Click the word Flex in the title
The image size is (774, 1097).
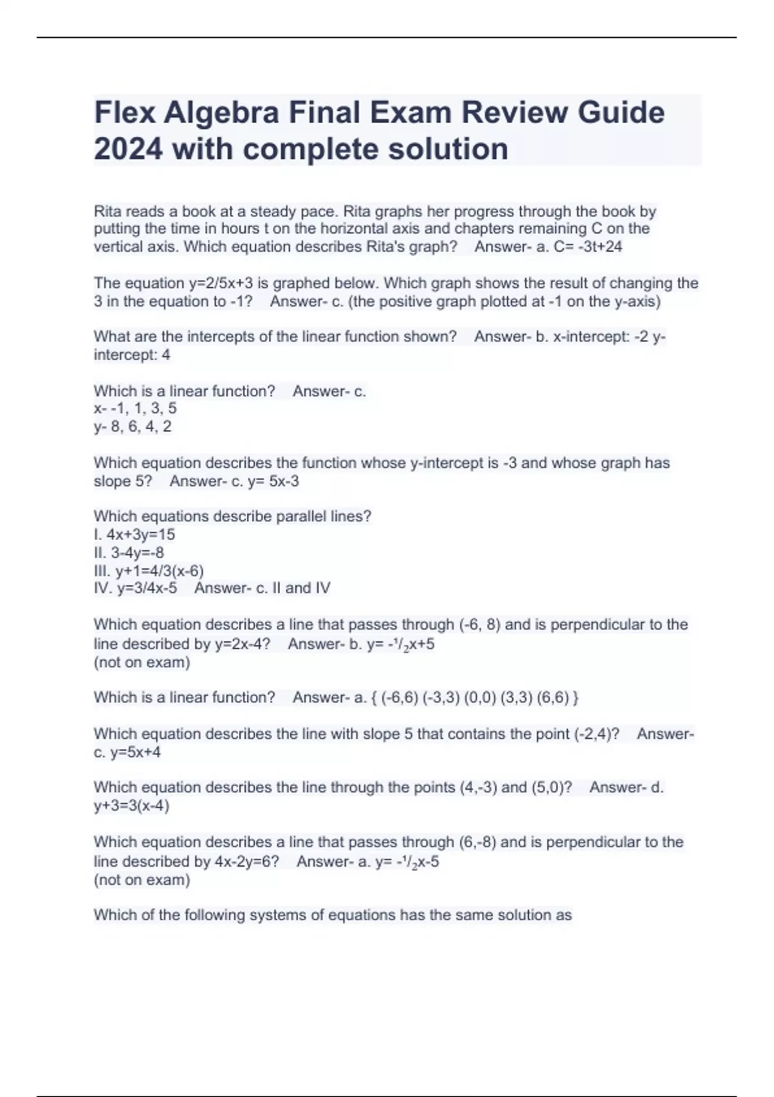123,112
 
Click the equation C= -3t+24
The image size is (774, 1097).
588,247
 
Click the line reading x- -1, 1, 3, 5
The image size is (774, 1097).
135,408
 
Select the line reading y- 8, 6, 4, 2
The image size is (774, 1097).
132,426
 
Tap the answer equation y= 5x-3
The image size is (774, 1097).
273,481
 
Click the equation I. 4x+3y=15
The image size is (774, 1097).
134,534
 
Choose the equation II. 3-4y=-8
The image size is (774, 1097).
129,552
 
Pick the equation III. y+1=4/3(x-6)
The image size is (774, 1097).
148,570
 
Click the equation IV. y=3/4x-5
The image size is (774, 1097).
135,588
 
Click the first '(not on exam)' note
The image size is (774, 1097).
142,662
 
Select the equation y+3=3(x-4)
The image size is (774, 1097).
132,805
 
